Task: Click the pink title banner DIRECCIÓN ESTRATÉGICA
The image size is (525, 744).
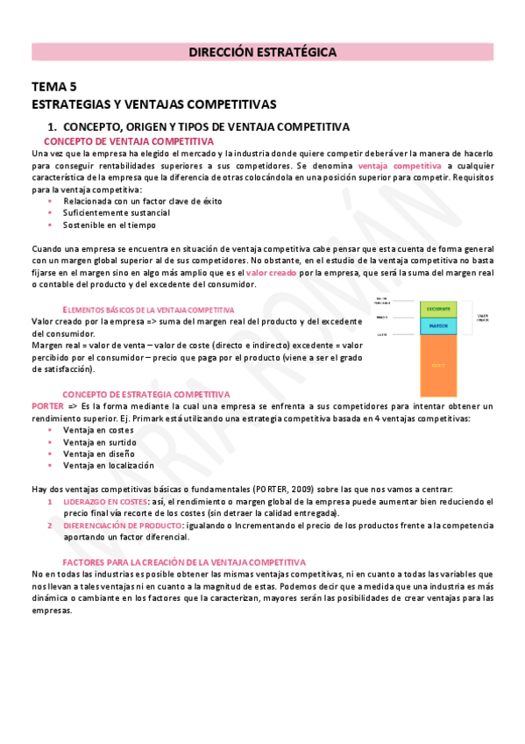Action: (262, 53)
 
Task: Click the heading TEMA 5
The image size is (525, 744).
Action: (54, 86)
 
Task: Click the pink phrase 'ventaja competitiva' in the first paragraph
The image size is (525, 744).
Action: (400, 165)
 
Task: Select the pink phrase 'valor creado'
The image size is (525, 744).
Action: (272, 273)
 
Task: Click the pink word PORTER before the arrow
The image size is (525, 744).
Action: (46, 406)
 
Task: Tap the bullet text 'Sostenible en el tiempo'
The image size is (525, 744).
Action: (110, 225)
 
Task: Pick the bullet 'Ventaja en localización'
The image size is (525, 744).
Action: (109, 465)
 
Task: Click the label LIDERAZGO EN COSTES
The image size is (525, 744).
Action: (104, 501)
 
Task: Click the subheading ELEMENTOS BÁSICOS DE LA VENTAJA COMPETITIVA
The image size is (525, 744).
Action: (149, 310)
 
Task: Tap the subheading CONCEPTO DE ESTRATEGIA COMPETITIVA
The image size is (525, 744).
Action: (145, 395)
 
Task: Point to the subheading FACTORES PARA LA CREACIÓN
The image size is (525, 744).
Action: (184, 562)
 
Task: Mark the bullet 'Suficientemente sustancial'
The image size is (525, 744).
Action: (117, 212)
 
